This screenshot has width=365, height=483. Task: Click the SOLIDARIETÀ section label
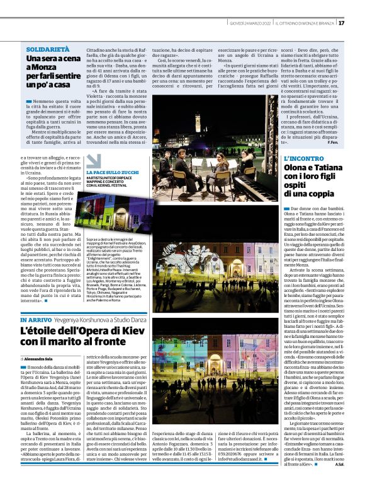click(x=48, y=49)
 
